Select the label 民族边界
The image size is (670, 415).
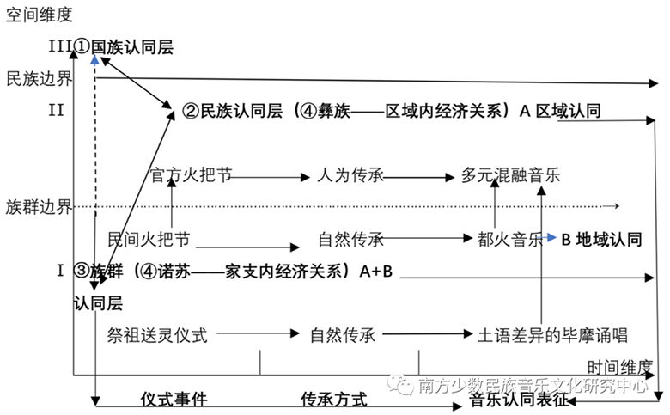pos(38,79)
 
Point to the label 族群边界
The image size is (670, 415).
pos(38,207)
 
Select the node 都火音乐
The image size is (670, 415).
pos(510,239)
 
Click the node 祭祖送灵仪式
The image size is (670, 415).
pos(158,333)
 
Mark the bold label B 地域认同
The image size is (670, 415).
pos(601,239)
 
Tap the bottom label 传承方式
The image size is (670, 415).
pos(333,400)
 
